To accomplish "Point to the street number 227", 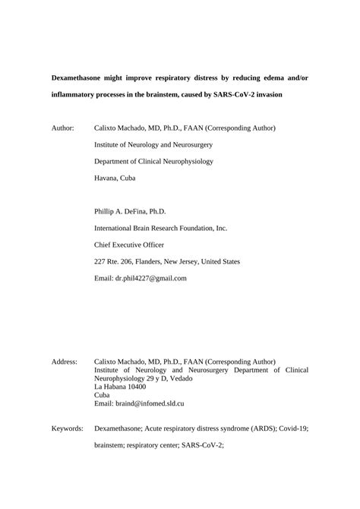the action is pos(100,261).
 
